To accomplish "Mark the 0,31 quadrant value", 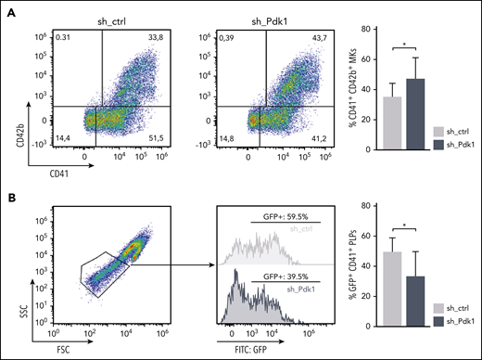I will click(x=65, y=38).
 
